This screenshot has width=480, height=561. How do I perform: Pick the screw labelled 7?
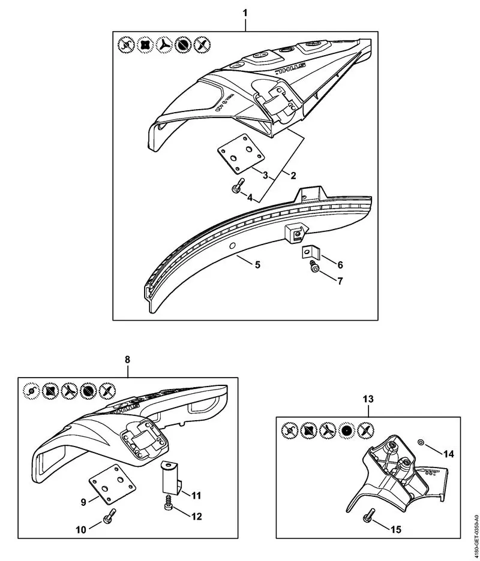[314, 269]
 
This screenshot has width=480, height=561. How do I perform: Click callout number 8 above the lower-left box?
[127, 359]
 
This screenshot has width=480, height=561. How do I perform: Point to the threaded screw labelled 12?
[169, 505]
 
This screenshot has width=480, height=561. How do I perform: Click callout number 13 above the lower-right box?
[368, 399]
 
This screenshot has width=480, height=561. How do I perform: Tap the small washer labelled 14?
[420, 442]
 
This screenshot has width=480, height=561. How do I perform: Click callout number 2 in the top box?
[293, 176]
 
